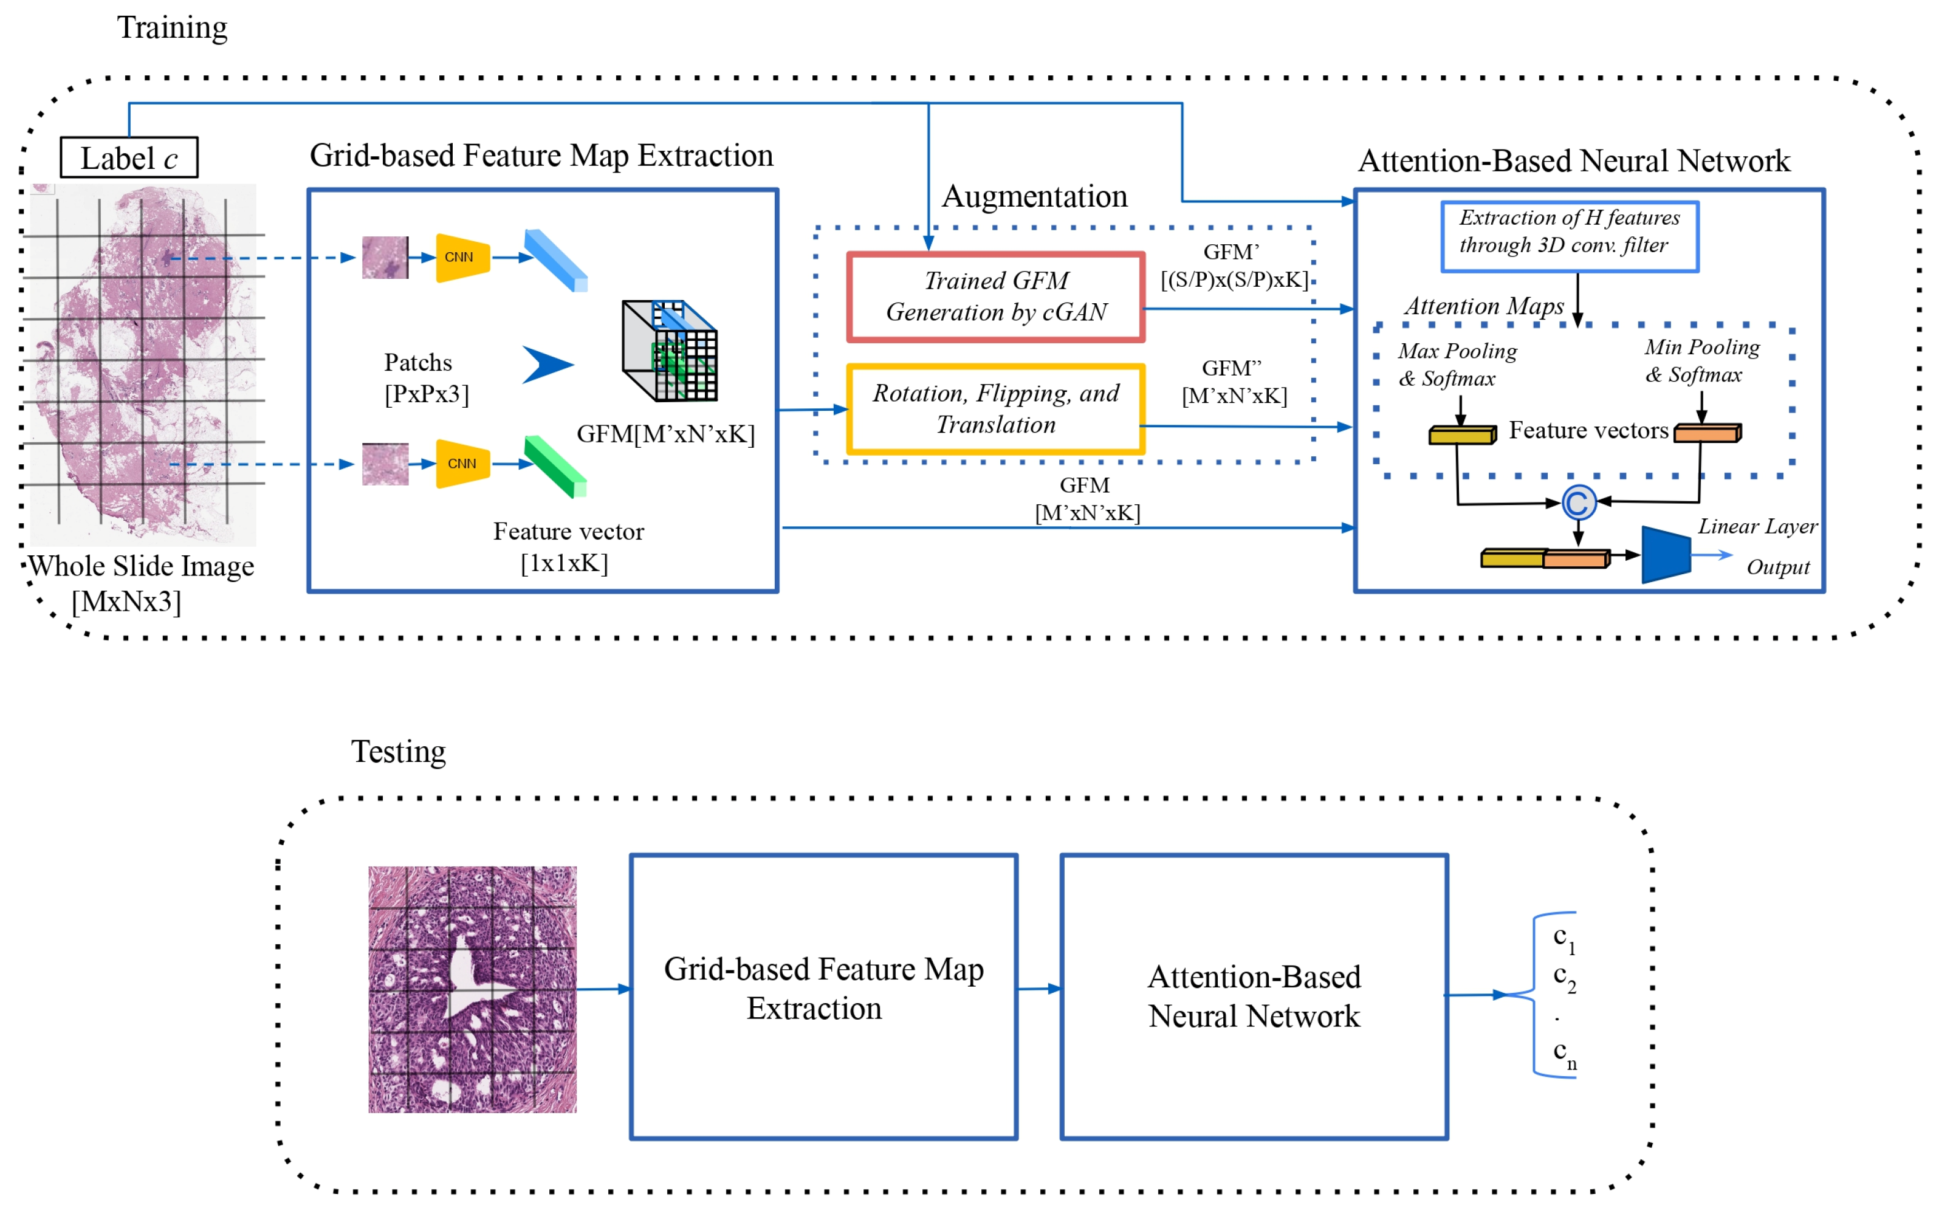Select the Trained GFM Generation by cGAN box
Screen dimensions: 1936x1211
tap(995, 297)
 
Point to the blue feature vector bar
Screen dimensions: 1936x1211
tap(556, 260)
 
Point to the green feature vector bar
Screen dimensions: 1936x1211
tap(556, 467)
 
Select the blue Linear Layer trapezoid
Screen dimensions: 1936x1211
tap(1666, 554)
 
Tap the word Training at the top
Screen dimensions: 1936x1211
tap(172, 28)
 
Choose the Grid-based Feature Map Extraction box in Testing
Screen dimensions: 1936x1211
tap(823, 997)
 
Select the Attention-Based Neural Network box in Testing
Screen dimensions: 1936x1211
tap(1254, 997)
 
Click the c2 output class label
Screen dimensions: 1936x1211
tap(1564, 978)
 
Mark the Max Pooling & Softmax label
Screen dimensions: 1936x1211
tap(1457, 365)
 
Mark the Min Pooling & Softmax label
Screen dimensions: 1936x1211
tap(1702, 360)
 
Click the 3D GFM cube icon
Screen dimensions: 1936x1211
tap(670, 351)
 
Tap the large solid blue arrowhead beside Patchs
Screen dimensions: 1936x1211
tap(548, 365)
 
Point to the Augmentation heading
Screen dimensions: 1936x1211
tap(1034, 196)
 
